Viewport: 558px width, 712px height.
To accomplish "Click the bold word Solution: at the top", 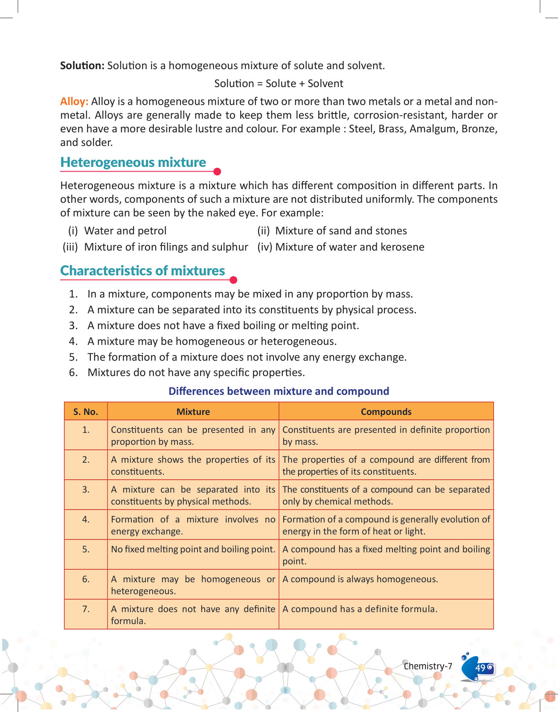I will [x=82, y=66].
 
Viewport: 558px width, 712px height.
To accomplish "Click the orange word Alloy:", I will [x=74, y=102].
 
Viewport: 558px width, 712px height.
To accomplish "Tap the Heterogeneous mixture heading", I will [x=133, y=163].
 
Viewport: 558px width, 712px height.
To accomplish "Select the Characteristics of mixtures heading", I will [x=142, y=271].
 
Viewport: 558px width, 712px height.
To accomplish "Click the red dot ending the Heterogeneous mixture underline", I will [x=217, y=172].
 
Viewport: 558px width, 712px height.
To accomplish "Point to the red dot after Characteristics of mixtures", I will [x=233, y=280].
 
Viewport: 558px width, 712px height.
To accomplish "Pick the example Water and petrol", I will [x=125, y=231].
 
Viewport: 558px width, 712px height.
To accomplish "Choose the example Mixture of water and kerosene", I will [x=349, y=247].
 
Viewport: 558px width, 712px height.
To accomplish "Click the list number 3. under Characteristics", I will [x=74, y=326].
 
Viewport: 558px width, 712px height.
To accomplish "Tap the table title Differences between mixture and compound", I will [x=279, y=391].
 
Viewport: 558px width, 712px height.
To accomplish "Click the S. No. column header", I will [x=86, y=412].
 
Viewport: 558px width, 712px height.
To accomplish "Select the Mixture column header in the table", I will [x=193, y=412].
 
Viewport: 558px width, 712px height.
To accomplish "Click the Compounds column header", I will [x=386, y=412].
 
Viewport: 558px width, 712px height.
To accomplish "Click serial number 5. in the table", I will [x=86, y=549].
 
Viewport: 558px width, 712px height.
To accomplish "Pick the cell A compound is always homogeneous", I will [x=360, y=579].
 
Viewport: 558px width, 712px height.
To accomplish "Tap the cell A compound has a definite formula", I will [x=360, y=609].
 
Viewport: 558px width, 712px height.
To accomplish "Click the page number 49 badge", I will [x=481, y=668].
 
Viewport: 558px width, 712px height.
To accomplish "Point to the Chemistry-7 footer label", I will [x=428, y=666].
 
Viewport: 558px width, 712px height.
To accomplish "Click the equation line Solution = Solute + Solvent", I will [x=279, y=84].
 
